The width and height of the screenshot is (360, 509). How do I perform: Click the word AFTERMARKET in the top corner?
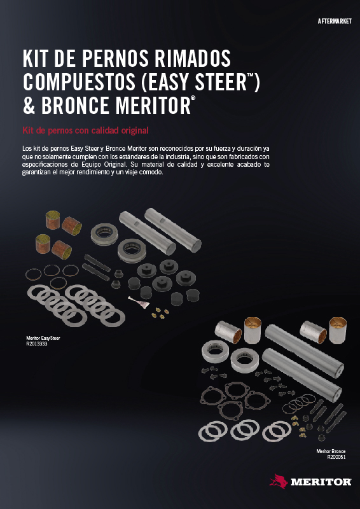(x=335, y=22)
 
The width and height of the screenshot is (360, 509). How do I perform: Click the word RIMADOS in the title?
(x=193, y=59)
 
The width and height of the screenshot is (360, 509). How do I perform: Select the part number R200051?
(x=336, y=457)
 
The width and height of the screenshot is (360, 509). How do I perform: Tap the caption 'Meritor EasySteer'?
(x=43, y=338)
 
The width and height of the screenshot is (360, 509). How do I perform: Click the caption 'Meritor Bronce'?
(x=331, y=451)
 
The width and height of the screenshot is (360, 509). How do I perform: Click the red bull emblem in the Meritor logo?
(x=279, y=481)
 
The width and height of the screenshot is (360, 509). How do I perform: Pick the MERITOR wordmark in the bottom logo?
(x=321, y=482)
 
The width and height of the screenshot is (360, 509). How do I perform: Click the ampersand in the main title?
(x=29, y=106)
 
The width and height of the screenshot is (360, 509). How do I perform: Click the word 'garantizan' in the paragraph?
(x=35, y=172)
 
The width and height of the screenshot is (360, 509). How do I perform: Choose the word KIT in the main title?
(x=34, y=59)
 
